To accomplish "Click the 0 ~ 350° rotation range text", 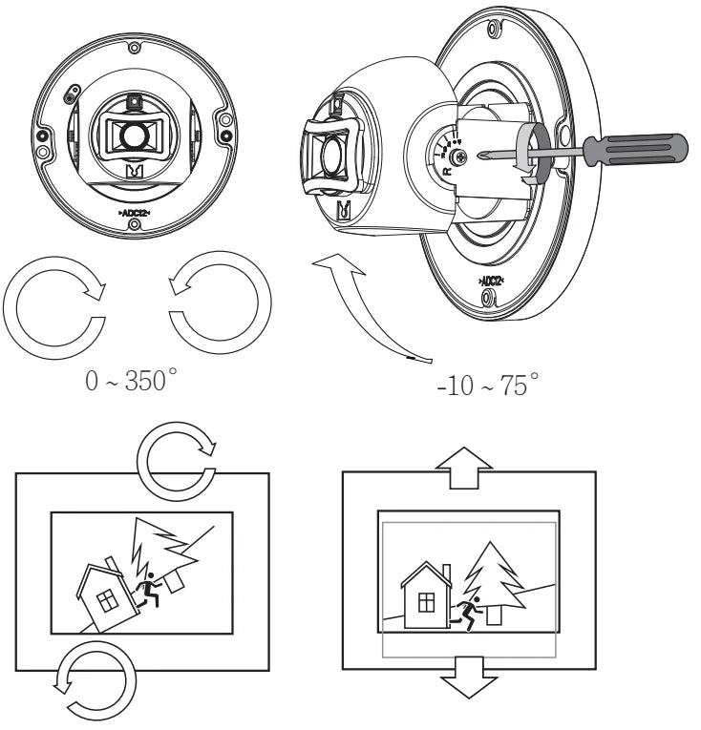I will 131,384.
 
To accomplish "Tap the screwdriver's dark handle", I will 634,149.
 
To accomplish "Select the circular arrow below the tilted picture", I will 96,678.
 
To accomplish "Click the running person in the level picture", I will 467,612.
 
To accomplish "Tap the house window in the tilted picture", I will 109,600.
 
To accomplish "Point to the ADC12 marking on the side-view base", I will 491,282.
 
